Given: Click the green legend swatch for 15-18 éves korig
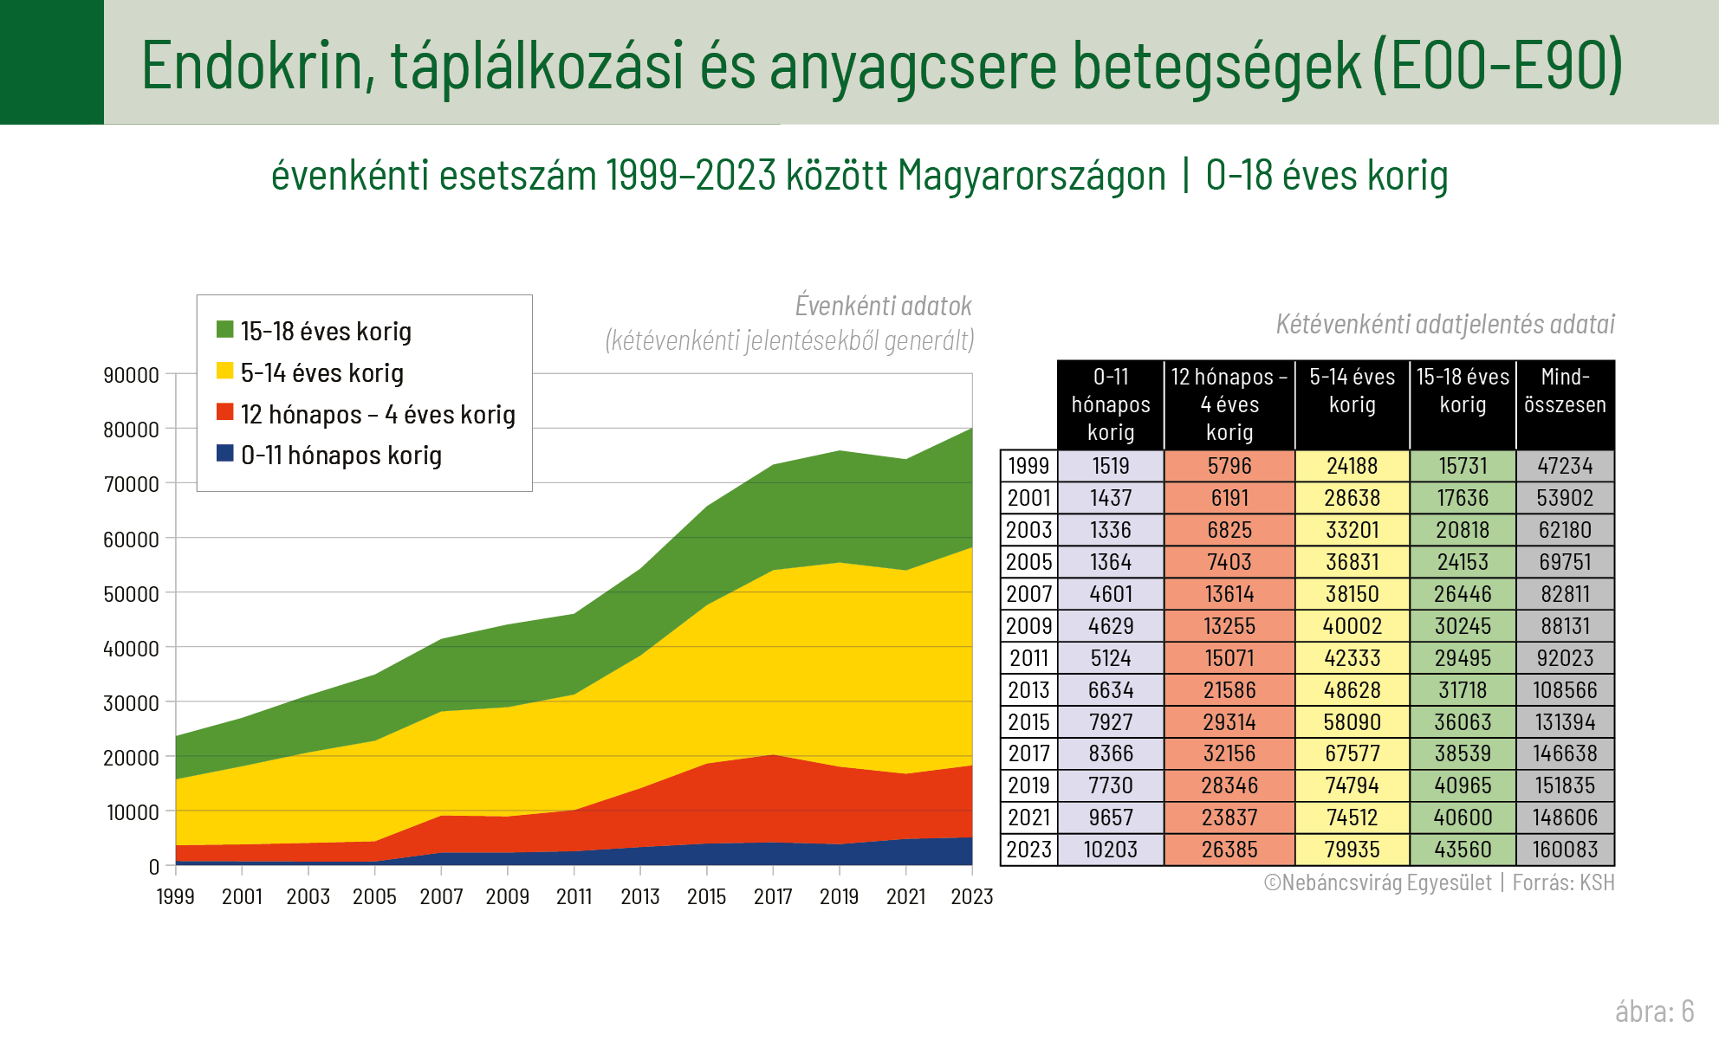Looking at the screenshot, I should tap(225, 330).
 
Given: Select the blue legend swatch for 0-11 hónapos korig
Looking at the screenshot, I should tap(225, 454).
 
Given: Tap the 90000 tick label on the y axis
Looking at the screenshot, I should tap(131, 376).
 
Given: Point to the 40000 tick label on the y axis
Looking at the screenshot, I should tap(131, 649).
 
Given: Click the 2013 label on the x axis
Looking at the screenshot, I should tap(640, 897).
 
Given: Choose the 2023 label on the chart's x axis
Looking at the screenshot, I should tap(971, 897).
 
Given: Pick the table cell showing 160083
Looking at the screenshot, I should tap(1565, 850).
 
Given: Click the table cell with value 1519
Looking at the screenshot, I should tap(1111, 466).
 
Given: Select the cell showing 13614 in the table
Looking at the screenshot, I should tap(1229, 594).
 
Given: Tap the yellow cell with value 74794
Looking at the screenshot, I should tap(1352, 785).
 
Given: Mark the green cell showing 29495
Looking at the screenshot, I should tap(1463, 658).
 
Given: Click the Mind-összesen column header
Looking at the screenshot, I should tap(1565, 391).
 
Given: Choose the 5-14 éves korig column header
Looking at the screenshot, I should tap(1352, 391).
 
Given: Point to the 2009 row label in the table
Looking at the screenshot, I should tap(1028, 626).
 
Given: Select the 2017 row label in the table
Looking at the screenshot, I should tap(1028, 753).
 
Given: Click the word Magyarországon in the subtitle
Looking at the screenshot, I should tap(1031, 176).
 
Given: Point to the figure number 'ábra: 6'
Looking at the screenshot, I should tap(1654, 1011).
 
